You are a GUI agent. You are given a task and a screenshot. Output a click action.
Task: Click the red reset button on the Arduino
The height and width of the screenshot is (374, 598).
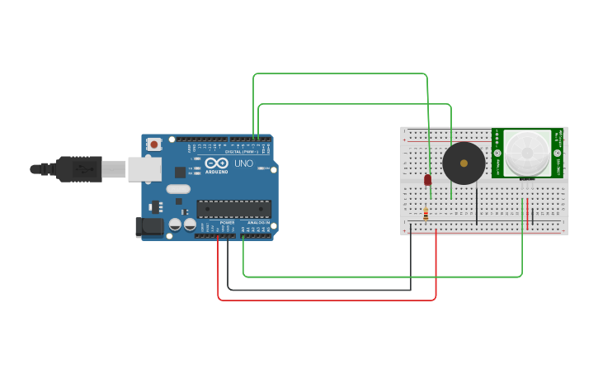154,144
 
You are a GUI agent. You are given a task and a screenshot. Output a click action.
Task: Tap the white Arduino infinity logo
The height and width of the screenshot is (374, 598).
212,163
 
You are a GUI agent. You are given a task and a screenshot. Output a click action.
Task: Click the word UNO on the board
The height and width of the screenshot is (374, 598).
244,163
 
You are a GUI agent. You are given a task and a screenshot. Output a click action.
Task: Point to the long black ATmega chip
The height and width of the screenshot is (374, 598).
233,210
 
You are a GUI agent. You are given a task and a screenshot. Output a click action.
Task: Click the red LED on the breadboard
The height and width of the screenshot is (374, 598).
427,179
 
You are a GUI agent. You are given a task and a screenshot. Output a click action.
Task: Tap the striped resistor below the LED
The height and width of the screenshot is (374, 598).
425,214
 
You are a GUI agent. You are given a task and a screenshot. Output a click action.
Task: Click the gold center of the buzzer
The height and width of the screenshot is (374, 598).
464,163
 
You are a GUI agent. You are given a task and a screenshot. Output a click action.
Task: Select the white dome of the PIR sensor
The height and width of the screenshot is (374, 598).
526,151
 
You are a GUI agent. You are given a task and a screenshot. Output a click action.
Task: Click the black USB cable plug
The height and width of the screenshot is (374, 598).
78,168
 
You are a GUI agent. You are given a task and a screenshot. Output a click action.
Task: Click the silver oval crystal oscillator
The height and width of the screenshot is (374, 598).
178,189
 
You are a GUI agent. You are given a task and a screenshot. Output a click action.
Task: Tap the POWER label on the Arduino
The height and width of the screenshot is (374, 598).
227,223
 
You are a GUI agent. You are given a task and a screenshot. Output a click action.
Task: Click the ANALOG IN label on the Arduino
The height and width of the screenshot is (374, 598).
258,223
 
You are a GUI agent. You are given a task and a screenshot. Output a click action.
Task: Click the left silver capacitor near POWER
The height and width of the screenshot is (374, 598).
176,224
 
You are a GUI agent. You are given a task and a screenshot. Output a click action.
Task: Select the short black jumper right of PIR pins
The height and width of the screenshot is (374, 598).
533,215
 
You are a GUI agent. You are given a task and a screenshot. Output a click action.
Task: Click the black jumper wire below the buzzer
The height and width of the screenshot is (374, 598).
476,206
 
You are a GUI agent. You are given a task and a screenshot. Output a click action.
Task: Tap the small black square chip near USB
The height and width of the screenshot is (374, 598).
180,172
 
